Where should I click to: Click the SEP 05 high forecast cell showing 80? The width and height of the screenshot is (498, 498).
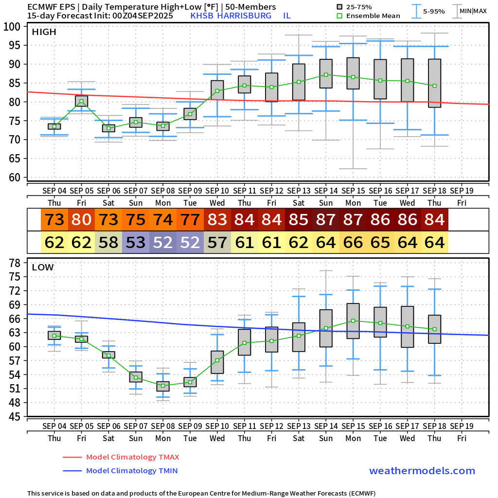pos(81,220)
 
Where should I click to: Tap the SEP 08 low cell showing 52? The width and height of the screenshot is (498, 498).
pos(163,242)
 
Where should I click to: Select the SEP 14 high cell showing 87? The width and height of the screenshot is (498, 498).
pos(326,220)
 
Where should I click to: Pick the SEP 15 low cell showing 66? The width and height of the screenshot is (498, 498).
pos(353,242)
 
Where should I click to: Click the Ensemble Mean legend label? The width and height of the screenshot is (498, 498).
pos(373,16)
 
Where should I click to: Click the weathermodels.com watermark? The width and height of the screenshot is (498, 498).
pos(422,471)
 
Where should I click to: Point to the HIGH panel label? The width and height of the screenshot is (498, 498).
pos(44,32)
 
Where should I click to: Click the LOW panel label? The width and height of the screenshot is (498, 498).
pos(43,267)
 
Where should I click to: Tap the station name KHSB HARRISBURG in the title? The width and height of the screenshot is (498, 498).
pos(231,16)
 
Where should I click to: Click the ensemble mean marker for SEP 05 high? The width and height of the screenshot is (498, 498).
pos(81,102)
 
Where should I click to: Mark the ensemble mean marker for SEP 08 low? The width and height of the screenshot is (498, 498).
pos(163,386)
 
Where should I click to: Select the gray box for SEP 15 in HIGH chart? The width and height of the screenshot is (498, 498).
pos(353,73)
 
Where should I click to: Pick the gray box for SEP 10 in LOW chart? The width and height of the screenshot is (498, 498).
pos(217,362)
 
